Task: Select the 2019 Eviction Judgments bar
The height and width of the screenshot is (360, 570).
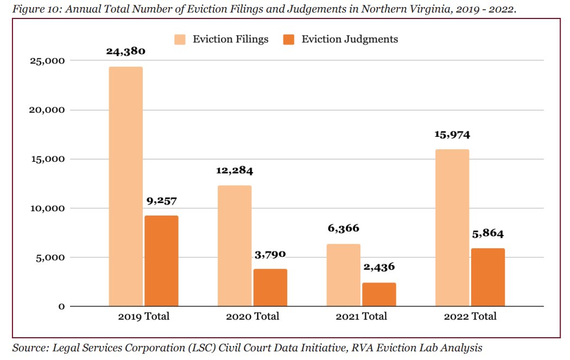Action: tap(161, 261)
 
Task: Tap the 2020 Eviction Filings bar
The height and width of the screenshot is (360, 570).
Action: tap(235, 245)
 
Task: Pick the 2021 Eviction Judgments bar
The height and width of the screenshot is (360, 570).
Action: tap(379, 294)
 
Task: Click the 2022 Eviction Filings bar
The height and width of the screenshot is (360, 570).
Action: tap(452, 228)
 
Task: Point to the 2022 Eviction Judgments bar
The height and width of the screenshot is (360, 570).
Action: tap(487, 277)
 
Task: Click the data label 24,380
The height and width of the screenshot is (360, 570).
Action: tap(125, 52)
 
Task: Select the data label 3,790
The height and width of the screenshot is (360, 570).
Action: tap(270, 254)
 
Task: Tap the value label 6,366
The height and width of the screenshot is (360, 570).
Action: tap(343, 229)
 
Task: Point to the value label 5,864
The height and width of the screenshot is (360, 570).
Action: tap(487, 234)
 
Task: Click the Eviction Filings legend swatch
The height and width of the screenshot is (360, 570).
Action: tap(180, 40)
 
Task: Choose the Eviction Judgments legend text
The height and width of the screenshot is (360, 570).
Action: tap(350, 40)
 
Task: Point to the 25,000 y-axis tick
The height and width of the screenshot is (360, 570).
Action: tap(46, 61)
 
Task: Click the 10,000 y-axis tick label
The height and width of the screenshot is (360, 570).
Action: tap(46, 209)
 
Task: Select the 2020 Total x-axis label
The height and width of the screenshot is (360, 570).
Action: tap(252, 317)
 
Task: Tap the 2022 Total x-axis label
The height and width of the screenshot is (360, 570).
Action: tap(470, 317)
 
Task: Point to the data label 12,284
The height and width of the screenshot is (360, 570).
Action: tap(235, 170)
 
